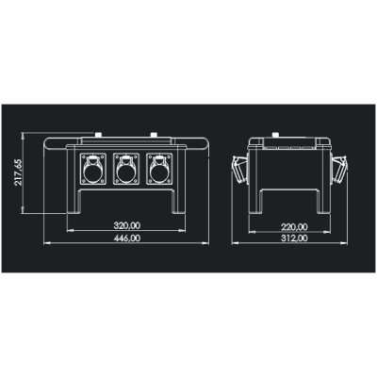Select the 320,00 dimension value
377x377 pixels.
[x=127, y=226]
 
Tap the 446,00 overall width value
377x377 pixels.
[x=127, y=239]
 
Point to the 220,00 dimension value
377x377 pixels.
[x=294, y=226]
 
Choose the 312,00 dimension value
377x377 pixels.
[x=294, y=239]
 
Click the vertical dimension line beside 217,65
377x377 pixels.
[x=29, y=174]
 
